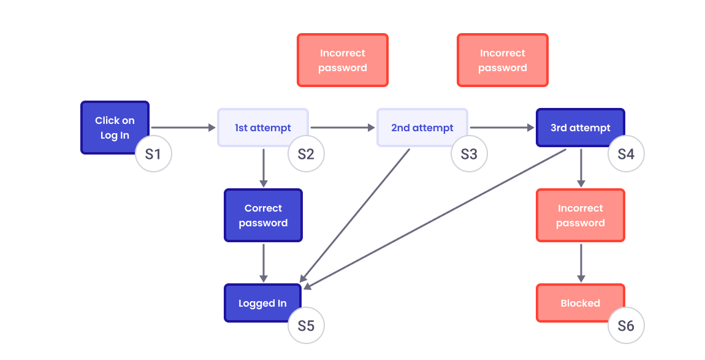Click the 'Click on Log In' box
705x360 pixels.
pyautogui.click(x=115, y=128)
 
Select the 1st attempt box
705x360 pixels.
pyautogui.click(x=262, y=128)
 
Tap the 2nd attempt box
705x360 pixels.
pyautogui.click(x=422, y=128)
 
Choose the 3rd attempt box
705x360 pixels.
pyautogui.click(x=580, y=128)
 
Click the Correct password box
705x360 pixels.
pyautogui.click(x=263, y=215)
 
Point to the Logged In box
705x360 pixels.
pyautogui.click(x=262, y=303)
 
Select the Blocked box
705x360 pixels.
pyautogui.click(x=580, y=303)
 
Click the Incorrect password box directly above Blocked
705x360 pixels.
pyautogui.click(x=580, y=215)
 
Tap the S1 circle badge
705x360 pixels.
pyautogui.click(x=153, y=154)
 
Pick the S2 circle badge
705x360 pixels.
pyautogui.click(x=306, y=154)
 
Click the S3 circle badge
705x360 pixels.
pyautogui.click(x=469, y=154)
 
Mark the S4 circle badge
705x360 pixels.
pyautogui.click(x=626, y=154)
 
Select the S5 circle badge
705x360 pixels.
pyautogui.click(x=306, y=326)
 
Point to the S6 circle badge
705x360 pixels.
pyautogui.click(x=626, y=326)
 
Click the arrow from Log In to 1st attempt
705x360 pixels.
pyautogui.click(x=183, y=128)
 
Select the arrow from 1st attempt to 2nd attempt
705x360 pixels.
pyautogui.click(x=342, y=128)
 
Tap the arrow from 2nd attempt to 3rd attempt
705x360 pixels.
pyautogui.click(x=501, y=128)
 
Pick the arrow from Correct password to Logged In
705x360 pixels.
pyautogui.click(x=264, y=262)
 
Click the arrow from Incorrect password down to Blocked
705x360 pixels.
pyautogui.click(x=581, y=262)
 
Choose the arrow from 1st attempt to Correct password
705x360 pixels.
pyautogui.click(x=264, y=167)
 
